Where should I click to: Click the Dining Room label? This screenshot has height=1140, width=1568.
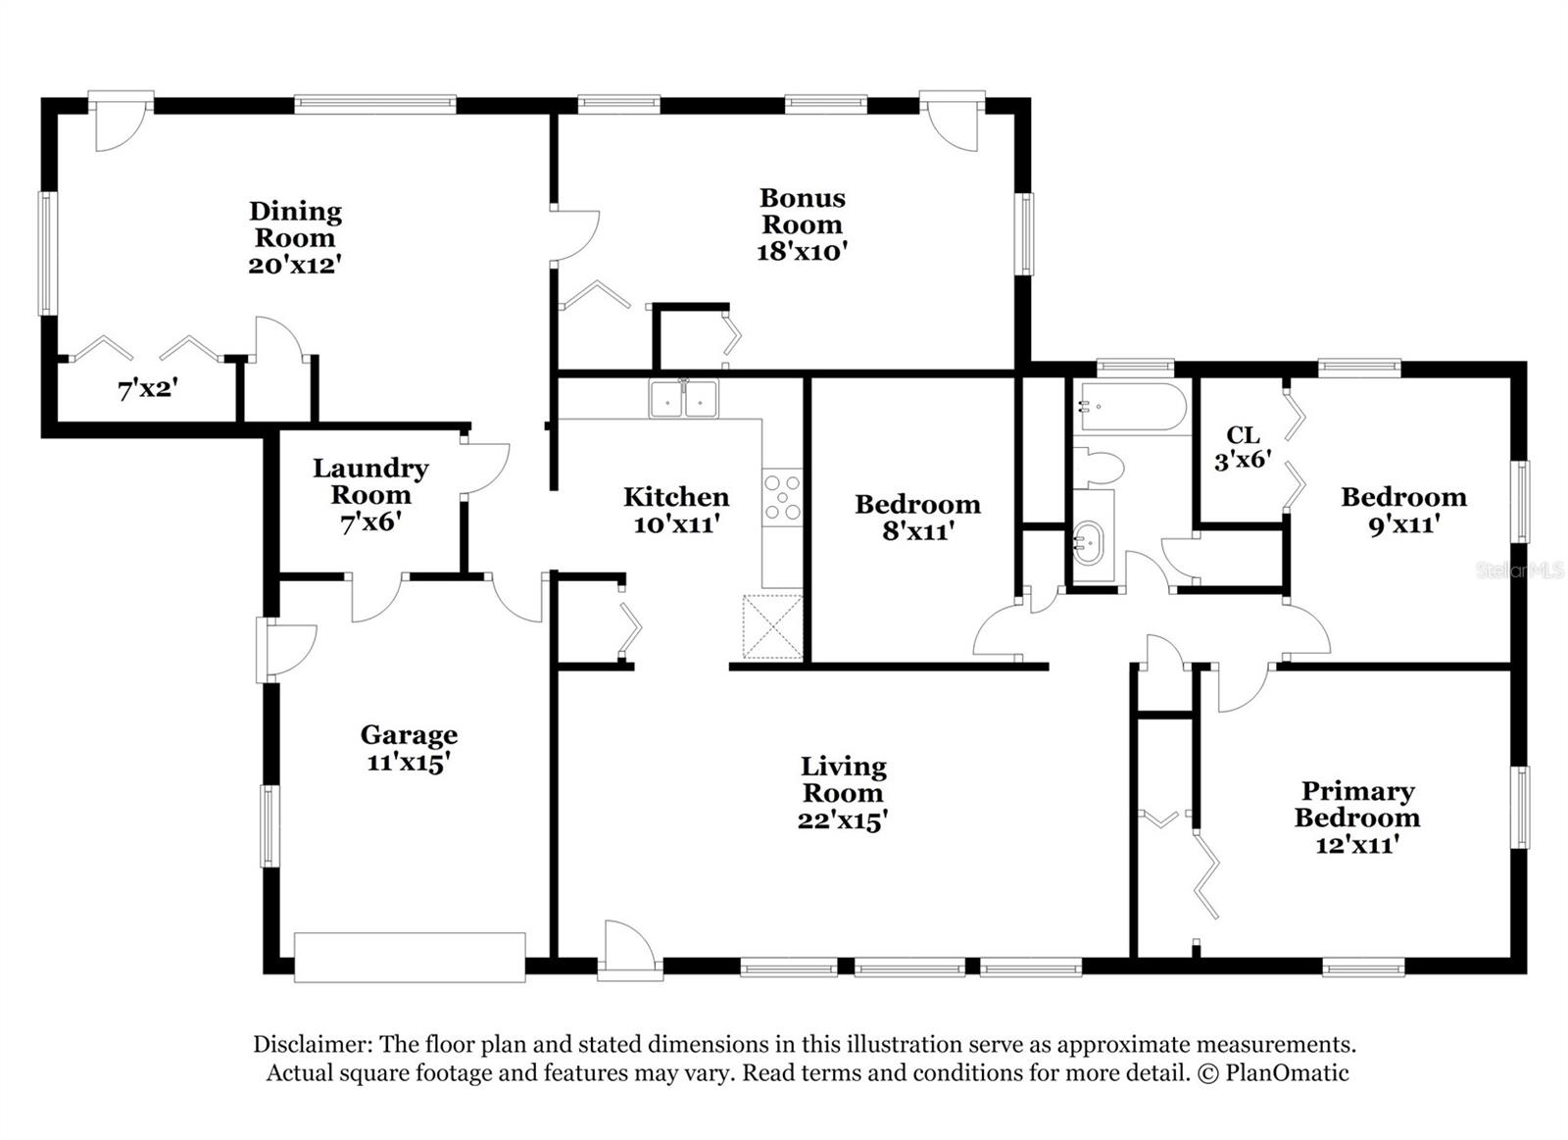295,224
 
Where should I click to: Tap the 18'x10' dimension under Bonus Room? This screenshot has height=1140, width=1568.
802,252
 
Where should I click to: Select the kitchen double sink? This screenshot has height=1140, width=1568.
683,399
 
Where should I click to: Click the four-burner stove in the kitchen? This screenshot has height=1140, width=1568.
782,496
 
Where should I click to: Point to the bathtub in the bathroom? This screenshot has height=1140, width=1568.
1131,408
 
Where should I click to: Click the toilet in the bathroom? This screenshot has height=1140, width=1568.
1098,468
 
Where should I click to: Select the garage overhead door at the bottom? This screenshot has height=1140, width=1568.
410,957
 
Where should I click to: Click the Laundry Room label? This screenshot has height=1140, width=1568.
370,481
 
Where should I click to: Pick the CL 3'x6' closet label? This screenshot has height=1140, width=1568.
1243,447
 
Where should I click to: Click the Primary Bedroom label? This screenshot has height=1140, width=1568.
1357,804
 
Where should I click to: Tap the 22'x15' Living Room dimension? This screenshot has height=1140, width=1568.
843,820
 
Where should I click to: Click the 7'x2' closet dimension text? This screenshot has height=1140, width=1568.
147,390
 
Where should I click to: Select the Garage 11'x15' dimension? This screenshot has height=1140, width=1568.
409,762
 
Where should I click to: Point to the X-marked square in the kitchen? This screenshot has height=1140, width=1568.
772,625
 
